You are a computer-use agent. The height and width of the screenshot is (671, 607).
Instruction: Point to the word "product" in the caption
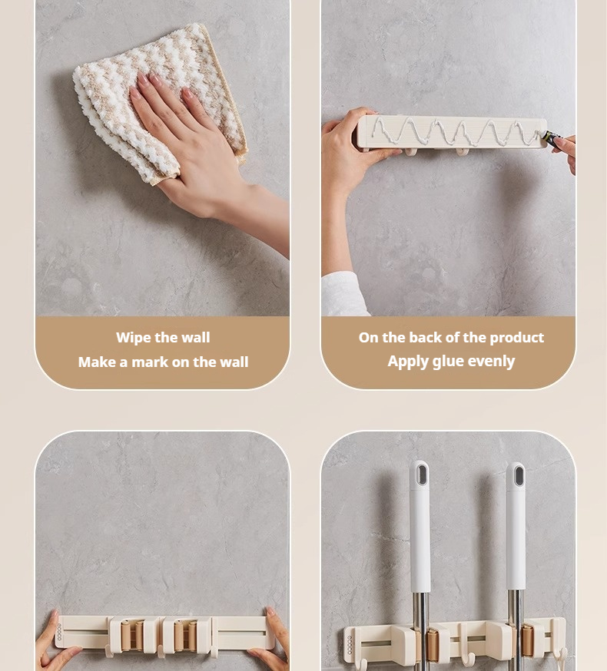pos(516,338)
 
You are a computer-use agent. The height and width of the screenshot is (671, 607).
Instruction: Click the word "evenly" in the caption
pos(491,362)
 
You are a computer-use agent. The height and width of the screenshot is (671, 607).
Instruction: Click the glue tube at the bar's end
pos(553,137)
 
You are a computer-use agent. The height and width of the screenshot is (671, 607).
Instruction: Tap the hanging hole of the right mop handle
pos(519,476)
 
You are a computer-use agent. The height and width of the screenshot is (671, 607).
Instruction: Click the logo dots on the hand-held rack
pos(59,632)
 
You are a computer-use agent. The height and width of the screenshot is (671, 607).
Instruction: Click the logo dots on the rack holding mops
pos(350,644)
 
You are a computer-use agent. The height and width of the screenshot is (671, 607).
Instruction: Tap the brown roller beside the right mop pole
pos(527,641)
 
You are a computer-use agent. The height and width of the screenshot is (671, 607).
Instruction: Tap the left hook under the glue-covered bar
pos(410,151)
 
